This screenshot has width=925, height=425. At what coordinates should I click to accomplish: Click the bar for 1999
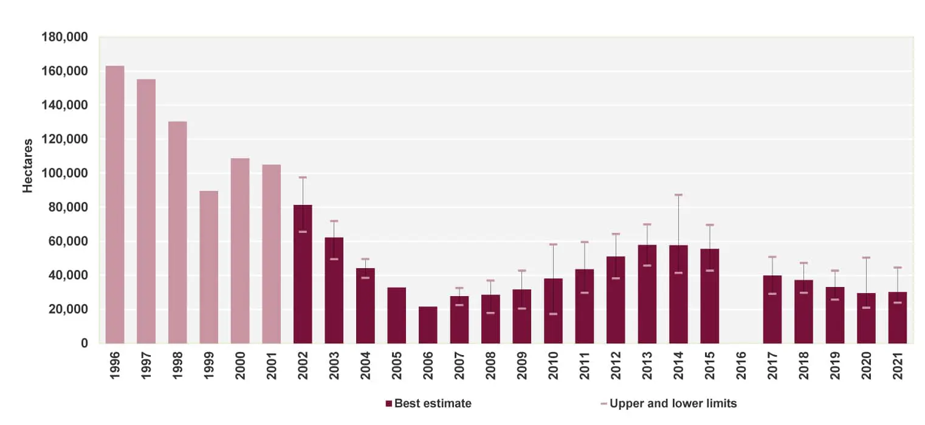click(208, 267)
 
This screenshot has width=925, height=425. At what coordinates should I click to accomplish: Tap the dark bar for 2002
click(303, 274)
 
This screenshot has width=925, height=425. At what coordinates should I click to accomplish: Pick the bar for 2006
click(428, 325)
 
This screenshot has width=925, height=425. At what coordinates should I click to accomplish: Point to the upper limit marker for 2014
click(678, 195)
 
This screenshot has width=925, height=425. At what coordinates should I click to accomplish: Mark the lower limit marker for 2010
click(553, 314)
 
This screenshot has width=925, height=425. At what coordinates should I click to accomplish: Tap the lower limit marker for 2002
click(303, 232)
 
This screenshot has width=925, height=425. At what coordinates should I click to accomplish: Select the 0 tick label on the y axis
click(84, 344)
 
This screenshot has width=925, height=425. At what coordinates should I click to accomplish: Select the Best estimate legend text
click(433, 403)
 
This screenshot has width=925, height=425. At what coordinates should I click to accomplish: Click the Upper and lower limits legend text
click(673, 403)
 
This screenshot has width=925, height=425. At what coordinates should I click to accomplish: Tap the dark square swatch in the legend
click(389, 404)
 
